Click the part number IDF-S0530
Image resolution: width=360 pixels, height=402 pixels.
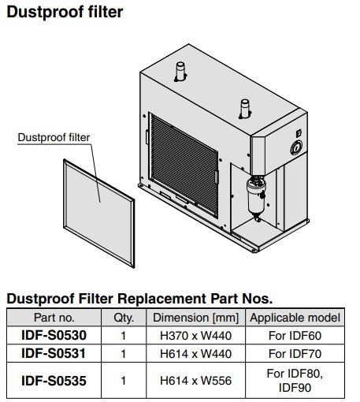click(x=54, y=335)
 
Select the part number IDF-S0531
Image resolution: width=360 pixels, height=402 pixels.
click(x=54, y=353)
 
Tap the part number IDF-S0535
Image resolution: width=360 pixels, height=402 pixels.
click(x=54, y=381)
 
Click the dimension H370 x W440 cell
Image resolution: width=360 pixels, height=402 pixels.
click(x=195, y=336)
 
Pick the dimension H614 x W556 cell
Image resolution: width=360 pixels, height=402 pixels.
click(x=195, y=381)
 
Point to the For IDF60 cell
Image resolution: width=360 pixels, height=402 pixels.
click(x=295, y=336)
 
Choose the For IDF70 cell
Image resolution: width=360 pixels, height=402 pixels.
click(x=295, y=354)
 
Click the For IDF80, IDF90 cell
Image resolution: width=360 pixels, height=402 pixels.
click(x=295, y=381)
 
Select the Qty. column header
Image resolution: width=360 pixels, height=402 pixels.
click(x=124, y=318)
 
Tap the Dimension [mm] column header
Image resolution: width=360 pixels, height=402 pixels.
click(x=195, y=318)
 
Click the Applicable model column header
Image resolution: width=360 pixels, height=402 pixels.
click(x=295, y=318)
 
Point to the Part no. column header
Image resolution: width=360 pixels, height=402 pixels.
click(x=54, y=318)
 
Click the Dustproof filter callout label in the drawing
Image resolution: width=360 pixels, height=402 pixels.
click(x=54, y=137)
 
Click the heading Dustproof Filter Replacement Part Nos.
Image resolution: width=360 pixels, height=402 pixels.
click(x=139, y=299)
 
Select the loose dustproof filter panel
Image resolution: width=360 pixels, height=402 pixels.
click(x=99, y=214)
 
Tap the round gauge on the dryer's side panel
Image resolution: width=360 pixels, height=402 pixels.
click(x=296, y=148)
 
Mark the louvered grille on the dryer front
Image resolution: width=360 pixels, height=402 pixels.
click(x=184, y=166)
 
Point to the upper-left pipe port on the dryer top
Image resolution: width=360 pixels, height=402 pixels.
click(x=180, y=72)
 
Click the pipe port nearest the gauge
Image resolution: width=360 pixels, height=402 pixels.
click(x=245, y=109)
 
